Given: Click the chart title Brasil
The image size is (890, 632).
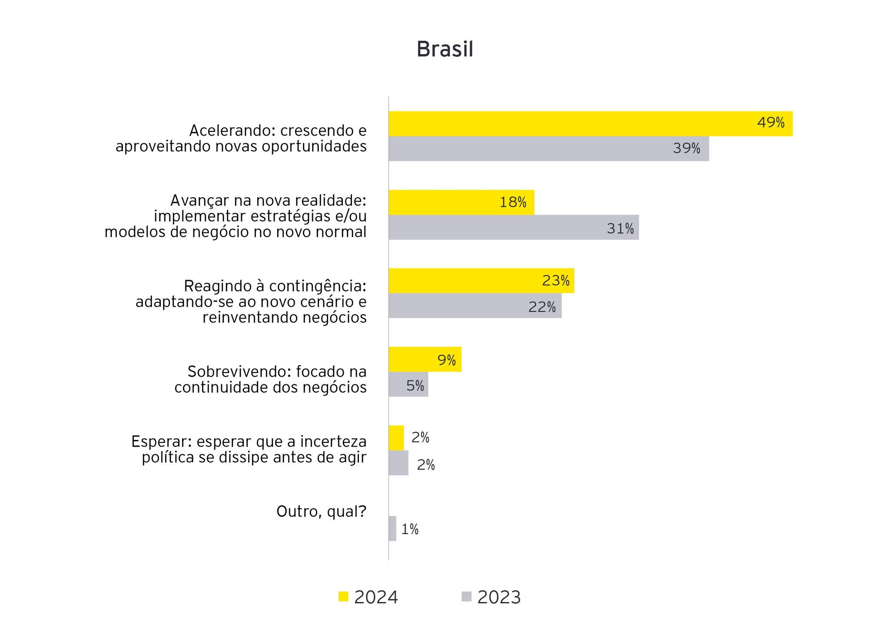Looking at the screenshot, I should tap(445, 49).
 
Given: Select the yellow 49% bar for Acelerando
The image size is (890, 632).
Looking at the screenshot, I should tap(590, 124).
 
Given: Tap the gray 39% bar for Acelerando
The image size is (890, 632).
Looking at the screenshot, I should tap(548, 149).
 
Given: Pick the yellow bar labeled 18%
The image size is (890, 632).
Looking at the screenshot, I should tap(461, 202).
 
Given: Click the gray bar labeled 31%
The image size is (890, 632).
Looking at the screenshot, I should tap(513, 227).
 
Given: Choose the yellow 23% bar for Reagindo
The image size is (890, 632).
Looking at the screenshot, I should tap(481, 281).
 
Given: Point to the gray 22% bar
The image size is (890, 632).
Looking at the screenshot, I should tap(475, 306).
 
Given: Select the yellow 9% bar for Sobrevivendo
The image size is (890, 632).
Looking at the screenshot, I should tap(425, 359).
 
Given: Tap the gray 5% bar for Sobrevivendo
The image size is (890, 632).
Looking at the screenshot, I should tap(408, 384).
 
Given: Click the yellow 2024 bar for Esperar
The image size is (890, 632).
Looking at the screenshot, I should tap(396, 438).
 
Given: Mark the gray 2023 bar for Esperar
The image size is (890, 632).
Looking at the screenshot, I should tap(398, 463).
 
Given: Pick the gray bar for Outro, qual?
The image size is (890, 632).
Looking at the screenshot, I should tap(392, 529).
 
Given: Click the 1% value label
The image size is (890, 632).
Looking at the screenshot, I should tap(410, 529).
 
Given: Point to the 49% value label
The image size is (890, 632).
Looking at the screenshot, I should tap(770, 123).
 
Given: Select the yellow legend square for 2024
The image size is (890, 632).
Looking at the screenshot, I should tap(343, 597).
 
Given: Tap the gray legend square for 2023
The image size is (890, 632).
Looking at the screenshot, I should tap(466, 597).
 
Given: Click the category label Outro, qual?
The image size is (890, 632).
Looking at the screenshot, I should tap(321, 512).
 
